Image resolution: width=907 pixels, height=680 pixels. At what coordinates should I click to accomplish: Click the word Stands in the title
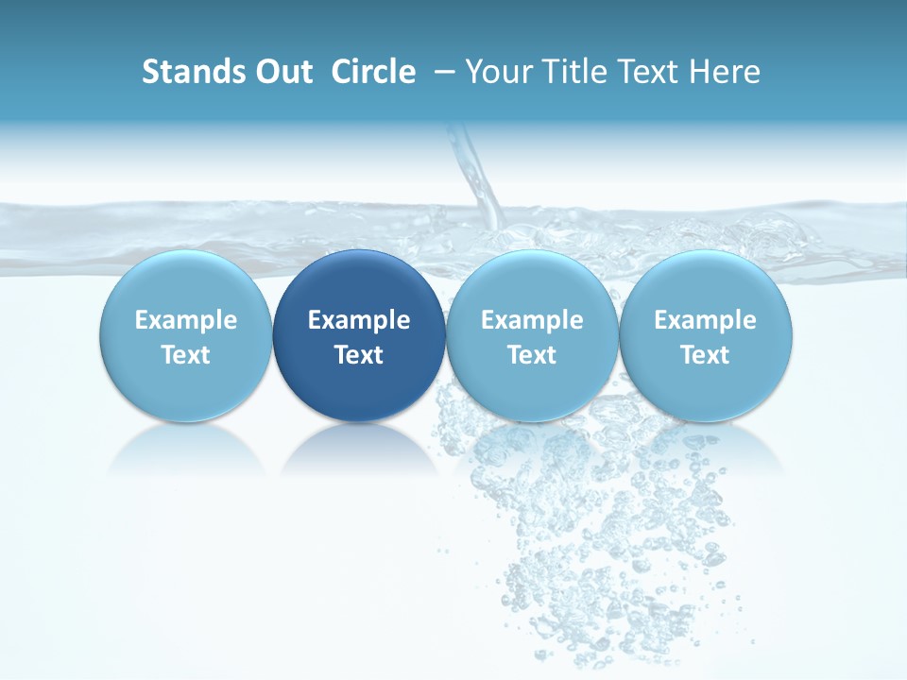pyautogui.click(x=188, y=72)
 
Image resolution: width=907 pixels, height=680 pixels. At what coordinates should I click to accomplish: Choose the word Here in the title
pyautogui.click(x=727, y=72)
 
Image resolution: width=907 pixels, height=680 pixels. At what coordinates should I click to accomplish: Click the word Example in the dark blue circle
pyautogui.click(x=359, y=321)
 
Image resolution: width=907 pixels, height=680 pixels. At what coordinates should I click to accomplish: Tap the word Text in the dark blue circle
pyautogui.click(x=359, y=355)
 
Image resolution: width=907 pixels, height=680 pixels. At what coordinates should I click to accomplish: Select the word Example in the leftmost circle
pyautogui.click(x=186, y=321)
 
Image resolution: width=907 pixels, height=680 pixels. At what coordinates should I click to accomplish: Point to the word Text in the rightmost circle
pyautogui.click(x=706, y=355)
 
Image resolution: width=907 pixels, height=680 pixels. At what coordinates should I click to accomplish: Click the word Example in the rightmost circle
pyautogui.click(x=706, y=321)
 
